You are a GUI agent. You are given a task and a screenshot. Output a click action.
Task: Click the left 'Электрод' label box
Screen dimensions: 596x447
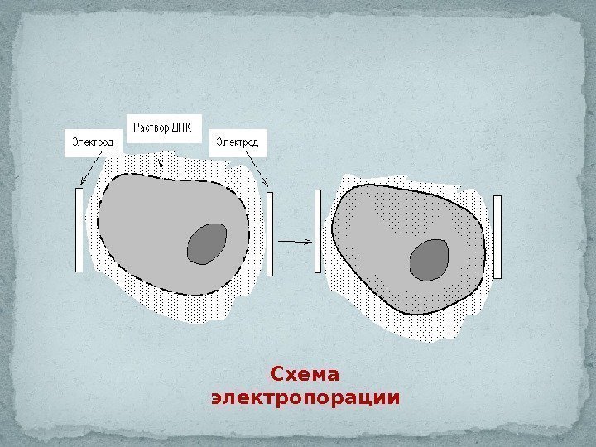pos(92,142)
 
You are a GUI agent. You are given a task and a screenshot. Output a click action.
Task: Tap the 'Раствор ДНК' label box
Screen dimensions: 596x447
pos(163,128)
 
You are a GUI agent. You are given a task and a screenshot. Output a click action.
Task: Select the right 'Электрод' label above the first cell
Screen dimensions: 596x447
pos(238,142)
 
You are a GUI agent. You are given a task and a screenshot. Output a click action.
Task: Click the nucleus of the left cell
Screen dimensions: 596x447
pos(207,243)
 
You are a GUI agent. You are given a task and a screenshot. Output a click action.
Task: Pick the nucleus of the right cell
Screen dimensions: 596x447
pos(430,260)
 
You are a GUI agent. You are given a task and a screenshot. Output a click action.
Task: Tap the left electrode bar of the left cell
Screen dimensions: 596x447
pos(79,229)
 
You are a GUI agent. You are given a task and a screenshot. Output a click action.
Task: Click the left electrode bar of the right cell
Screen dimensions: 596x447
pos(317,231)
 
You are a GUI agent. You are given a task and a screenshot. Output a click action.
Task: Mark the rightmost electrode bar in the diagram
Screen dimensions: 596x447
pos(497,236)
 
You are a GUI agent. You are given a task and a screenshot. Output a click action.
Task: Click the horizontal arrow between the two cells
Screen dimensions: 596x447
pos(295,241)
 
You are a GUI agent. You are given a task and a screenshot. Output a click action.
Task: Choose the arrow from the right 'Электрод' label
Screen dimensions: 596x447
pos(257,172)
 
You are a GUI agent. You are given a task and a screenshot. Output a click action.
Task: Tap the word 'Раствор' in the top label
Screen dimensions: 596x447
pos(151,128)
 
